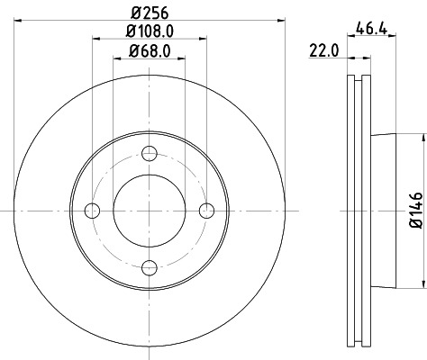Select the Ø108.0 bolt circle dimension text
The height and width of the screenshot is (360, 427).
(x=150, y=32)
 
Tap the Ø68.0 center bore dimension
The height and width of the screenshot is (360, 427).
(x=150, y=51)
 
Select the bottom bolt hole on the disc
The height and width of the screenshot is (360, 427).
(x=150, y=267)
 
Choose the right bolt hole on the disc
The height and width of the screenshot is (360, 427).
(x=206, y=211)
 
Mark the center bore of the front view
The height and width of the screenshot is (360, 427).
(x=150, y=211)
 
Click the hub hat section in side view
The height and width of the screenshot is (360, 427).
(x=383, y=211)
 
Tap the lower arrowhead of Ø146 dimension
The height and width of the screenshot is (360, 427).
(x=421, y=283)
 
